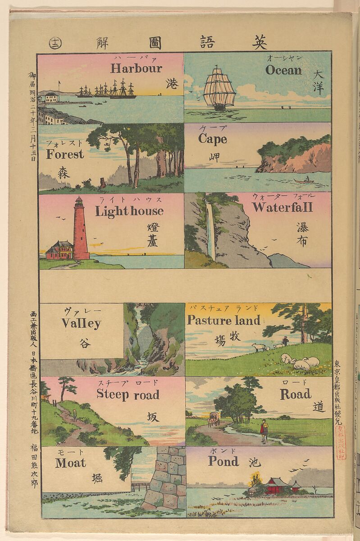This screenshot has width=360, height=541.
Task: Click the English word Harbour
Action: (136, 69)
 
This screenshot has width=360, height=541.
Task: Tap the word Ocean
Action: (283, 70)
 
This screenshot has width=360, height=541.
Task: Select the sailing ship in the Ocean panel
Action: (220, 89)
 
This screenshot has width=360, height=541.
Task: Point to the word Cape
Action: (212, 138)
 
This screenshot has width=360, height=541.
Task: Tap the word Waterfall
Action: (282, 207)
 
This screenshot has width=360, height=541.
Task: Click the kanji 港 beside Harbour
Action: (172, 84)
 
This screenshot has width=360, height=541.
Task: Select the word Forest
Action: (64, 154)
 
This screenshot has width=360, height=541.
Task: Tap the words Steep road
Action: (128, 394)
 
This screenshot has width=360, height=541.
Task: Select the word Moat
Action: (71, 463)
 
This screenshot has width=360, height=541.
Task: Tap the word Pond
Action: (223, 461)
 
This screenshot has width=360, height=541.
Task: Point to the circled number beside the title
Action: (56, 43)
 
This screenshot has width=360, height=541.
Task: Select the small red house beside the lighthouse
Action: (59, 251)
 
